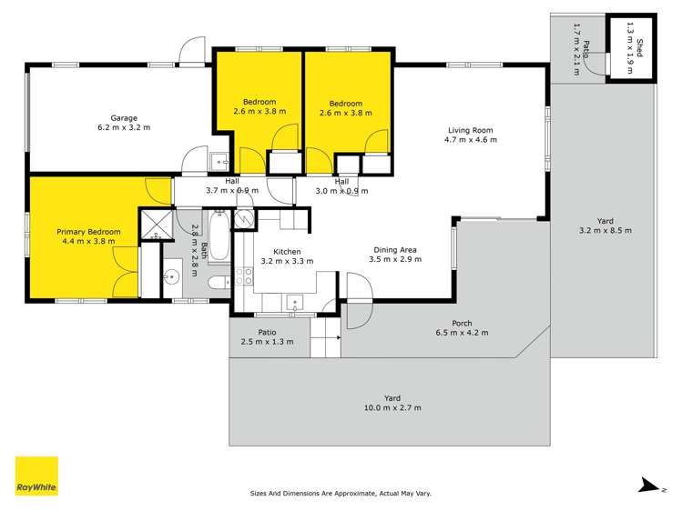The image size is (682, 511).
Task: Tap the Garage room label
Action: pyautogui.click(x=124, y=118)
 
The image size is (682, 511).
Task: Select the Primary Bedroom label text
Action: pyautogui.click(x=88, y=232)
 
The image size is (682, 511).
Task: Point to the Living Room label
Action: pyautogui.click(x=469, y=129)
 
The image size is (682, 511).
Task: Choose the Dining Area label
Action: pyautogui.click(x=395, y=250)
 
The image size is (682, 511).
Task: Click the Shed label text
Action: pyautogui.click(x=639, y=47)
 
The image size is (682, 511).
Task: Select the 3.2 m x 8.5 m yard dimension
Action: pyautogui.click(x=605, y=230)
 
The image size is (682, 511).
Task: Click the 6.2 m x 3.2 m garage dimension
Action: pyautogui.click(x=124, y=128)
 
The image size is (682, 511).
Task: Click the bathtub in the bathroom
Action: pyautogui.click(x=219, y=237)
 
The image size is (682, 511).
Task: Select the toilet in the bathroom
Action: pyautogui.click(x=219, y=283)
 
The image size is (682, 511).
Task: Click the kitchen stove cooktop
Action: pyautogui.click(x=244, y=276)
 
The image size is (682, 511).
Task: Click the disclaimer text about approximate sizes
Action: pyautogui.click(x=341, y=494)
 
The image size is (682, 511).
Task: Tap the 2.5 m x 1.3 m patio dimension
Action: pyautogui.click(x=267, y=342)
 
